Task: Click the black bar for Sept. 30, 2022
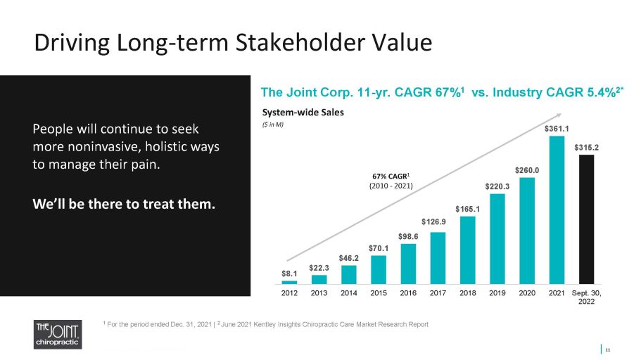[586, 219]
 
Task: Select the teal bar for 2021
[557, 210]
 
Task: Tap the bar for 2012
[289, 283]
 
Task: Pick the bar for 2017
[438, 258]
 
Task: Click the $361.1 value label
[557, 129]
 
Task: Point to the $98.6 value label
[408, 236]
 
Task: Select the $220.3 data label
[497, 186]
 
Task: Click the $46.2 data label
[349, 258]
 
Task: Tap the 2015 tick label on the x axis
[379, 293]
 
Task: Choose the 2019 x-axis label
[497, 293]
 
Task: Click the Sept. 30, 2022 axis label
[586, 297]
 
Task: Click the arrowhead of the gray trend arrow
[559, 115]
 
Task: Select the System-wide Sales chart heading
[303, 112]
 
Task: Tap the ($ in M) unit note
[273, 124]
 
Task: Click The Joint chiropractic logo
[58, 334]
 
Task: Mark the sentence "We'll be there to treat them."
[124, 204]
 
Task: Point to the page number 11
[608, 349]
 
